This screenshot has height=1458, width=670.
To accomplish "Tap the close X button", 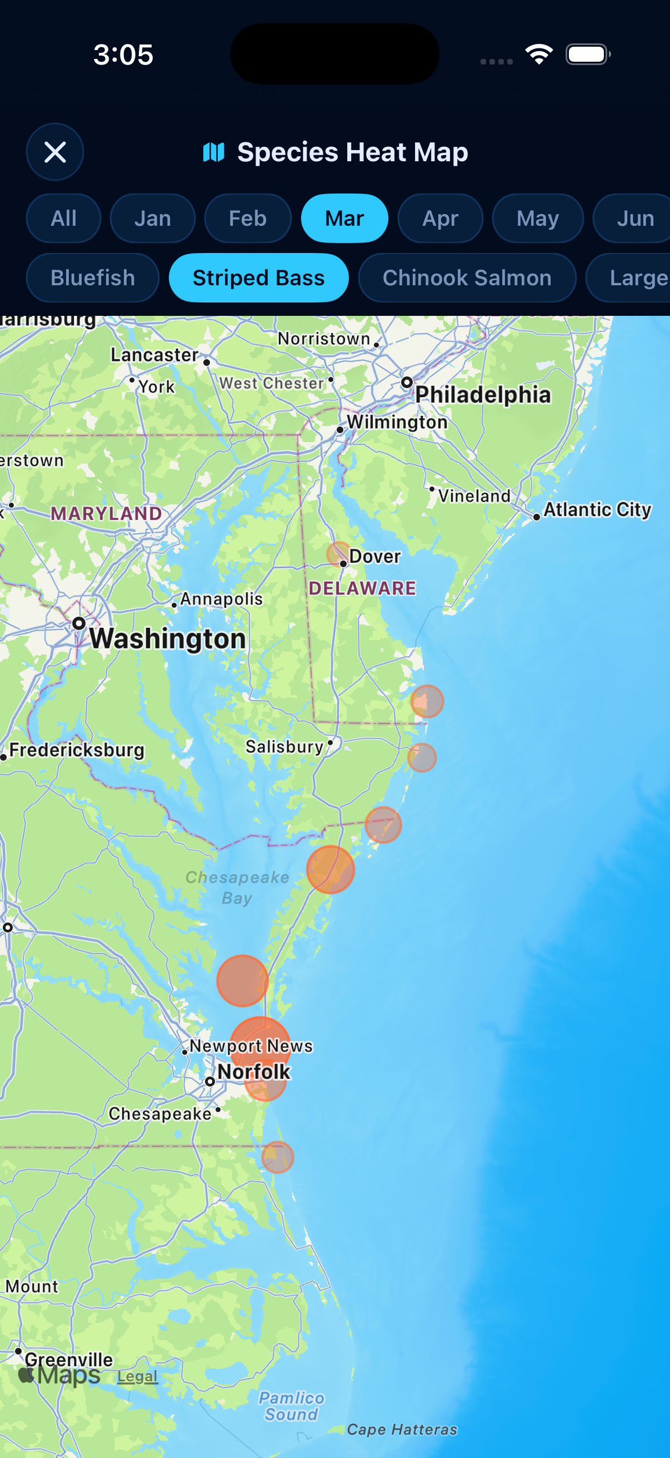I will pos(55,152).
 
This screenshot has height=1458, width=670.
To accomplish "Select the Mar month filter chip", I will pos(344,219).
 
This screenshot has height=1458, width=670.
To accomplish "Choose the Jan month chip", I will pos(153,219).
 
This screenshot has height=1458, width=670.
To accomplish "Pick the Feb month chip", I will pos(248,219).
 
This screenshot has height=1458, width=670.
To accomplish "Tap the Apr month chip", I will pos(440,219).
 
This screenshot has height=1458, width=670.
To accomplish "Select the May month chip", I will pos(537,219).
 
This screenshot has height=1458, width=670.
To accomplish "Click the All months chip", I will pos(63,219).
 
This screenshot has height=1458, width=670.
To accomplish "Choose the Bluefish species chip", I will pos(93,278).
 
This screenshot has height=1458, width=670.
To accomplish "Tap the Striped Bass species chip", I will pos(258,278).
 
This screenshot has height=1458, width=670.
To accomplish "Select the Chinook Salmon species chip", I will pos(467,278).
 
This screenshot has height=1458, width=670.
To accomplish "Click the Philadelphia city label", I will pos(483,394).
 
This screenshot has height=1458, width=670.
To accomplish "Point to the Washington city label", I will pos(167,638).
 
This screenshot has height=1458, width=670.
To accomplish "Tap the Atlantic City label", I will pos(597,509).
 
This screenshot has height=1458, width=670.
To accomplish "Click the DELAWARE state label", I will pos(362,588).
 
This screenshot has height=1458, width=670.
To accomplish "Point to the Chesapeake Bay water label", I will pos(237,887).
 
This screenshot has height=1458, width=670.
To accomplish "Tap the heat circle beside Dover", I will pos(338,553).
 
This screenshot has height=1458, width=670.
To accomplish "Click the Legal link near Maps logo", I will pos(137,1376).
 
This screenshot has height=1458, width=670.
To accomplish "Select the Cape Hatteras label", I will pos(402,1429).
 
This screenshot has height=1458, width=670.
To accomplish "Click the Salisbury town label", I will pos(284,747).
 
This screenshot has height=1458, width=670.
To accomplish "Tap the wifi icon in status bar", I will pos(539,54).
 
